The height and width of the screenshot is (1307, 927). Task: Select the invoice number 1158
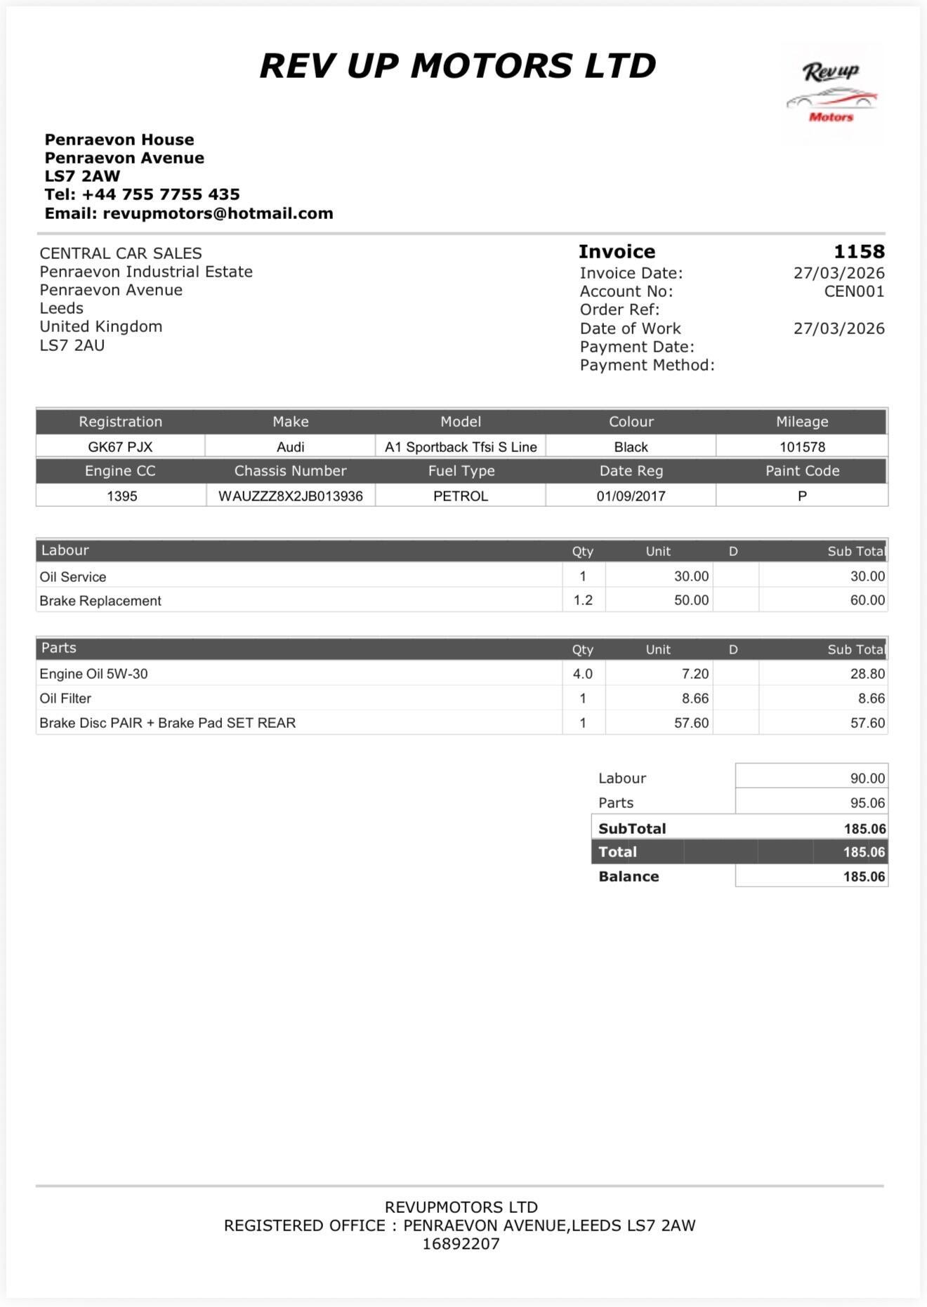click(859, 251)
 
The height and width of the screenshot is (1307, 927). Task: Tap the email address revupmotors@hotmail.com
click(218, 213)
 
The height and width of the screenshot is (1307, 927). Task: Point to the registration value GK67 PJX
click(120, 447)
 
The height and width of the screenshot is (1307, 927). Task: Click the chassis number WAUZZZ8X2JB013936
click(290, 496)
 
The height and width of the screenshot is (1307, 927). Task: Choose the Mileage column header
click(802, 422)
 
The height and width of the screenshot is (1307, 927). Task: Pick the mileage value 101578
click(802, 447)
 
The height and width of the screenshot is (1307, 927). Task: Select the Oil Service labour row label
click(73, 577)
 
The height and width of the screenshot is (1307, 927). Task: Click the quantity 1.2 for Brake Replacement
click(583, 600)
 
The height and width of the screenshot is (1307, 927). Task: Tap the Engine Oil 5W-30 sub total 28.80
click(867, 674)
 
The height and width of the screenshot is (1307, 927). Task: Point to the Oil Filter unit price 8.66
click(695, 698)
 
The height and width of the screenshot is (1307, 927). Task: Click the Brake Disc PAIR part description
click(167, 723)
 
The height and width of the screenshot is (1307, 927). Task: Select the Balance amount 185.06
click(864, 877)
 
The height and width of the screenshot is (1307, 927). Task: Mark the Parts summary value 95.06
click(867, 803)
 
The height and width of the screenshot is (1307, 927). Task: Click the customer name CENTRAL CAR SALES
click(121, 253)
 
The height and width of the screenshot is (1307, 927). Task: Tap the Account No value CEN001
click(854, 291)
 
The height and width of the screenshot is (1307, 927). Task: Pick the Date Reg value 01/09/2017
click(631, 496)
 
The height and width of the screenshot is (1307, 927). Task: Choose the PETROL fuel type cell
click(460, 496)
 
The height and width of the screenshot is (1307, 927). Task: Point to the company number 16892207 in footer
click(461, 1244)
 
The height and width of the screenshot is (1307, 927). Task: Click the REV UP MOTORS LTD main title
click(458, 66)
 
